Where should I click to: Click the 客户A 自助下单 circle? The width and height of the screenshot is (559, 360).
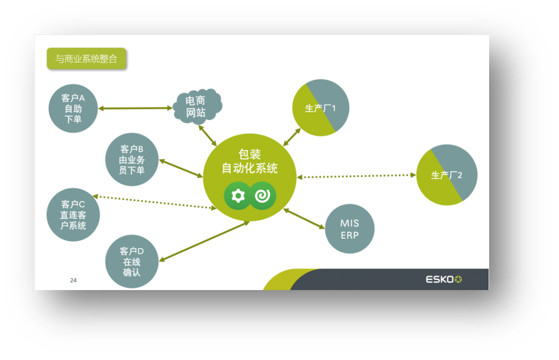(73, 109)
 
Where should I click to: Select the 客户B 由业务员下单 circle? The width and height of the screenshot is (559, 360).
(131, 160)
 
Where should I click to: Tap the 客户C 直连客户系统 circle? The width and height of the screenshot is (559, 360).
(73, 214)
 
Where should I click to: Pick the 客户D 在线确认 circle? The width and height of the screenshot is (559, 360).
(131, 262)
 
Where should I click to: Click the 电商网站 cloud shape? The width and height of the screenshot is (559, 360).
(196, 106)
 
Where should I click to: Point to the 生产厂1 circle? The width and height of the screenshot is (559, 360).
(321, 108)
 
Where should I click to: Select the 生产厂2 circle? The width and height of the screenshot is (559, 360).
(447, 175)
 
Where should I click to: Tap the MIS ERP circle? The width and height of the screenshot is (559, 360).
(349, 229)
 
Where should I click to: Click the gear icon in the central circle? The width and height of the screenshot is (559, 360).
(238, 196)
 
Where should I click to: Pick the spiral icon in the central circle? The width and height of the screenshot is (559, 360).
(263, 196)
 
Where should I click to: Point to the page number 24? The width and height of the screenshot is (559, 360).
(73, 280)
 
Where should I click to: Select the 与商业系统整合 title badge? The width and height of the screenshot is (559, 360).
(86, 59)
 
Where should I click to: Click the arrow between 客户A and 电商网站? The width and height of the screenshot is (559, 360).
(136, 108)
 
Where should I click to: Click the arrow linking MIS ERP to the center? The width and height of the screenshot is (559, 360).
(304, 218)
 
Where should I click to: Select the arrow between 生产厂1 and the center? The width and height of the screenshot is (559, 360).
(291, 136)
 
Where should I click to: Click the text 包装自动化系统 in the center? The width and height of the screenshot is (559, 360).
(249, 161)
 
